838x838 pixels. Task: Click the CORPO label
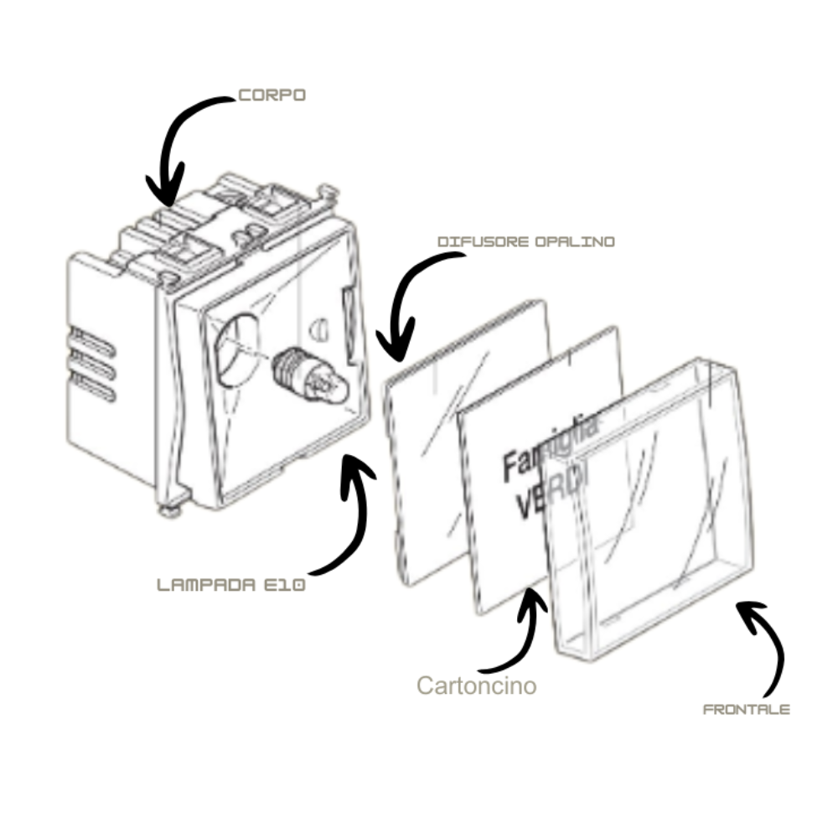tap(272, 96)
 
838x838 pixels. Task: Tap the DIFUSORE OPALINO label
tap(526, 241)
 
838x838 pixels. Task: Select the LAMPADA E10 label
tap(231, 585)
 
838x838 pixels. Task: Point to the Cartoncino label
tap(477, 685)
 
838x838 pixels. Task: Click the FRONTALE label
tap(746, 710)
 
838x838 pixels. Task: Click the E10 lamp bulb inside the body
tap(309, 374)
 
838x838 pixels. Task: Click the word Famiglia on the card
tap(551, 447)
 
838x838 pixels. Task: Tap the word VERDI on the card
tap(551, 492)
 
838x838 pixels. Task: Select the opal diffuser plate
tap(468, 442)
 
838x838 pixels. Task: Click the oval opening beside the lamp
tap(236, 350)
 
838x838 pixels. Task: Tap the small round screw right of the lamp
tap(319, 329)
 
